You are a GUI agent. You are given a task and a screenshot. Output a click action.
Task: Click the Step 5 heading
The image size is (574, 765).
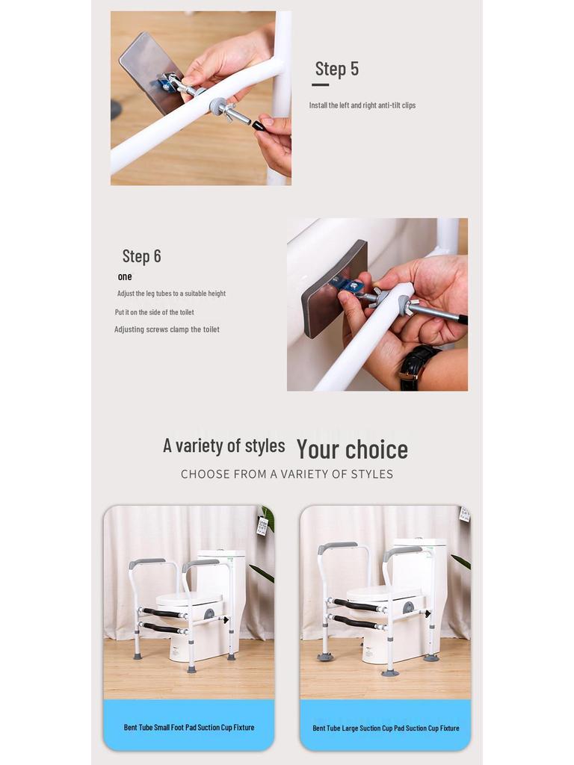(336, 69)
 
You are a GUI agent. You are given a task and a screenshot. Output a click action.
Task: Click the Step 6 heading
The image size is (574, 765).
(141, 256)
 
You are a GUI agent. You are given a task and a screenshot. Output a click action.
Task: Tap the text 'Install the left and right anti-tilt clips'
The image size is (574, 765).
(362, 105)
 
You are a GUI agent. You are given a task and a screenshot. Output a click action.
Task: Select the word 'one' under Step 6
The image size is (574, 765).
(125, 277)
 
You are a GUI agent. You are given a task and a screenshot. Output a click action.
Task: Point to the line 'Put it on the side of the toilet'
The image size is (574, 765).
(154, 312)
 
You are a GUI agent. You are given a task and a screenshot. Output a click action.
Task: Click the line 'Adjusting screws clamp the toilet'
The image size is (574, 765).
(167, 329)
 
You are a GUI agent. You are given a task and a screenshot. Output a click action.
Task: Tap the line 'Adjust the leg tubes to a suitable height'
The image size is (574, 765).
(171, 294)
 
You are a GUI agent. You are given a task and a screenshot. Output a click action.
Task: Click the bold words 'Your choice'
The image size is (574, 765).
(352, 449)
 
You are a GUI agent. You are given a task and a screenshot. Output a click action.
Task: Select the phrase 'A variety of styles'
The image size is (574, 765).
(223, 446)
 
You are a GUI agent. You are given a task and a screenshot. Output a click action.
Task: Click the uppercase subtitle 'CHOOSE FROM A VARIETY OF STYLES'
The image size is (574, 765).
(287, 474)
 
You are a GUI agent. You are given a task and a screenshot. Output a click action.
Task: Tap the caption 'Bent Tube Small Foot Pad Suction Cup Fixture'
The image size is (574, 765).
(189, 727)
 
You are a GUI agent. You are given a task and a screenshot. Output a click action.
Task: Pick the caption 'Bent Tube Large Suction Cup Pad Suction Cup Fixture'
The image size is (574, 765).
(386, 728)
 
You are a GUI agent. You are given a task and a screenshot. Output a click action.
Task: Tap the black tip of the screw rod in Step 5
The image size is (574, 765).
(259, 126)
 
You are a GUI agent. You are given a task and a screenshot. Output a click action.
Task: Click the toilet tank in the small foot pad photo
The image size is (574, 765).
(223, 575)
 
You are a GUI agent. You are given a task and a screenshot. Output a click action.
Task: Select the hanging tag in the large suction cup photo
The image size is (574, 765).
(464, 514)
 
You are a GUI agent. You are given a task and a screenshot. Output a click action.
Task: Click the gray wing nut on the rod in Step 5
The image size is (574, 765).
(220, 106)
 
